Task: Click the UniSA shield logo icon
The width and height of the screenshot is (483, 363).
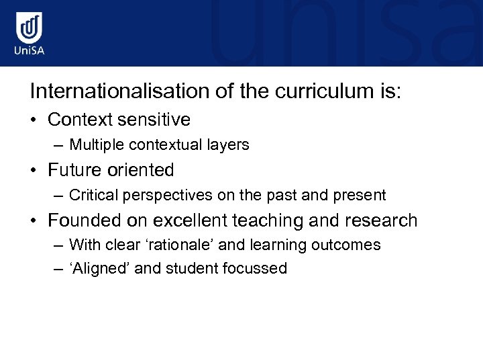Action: pos(30,28)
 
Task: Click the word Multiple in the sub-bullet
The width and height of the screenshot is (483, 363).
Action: pos(94,145)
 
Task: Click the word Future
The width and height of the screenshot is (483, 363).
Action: pos(74,170)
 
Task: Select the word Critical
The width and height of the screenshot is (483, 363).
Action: pos(91,195)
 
